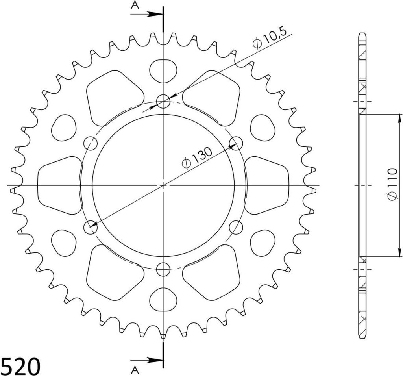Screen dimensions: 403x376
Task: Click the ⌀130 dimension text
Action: pos(197,158)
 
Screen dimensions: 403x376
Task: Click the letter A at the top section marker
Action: pos(135,5)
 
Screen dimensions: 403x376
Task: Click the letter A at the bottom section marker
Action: pos(135,370)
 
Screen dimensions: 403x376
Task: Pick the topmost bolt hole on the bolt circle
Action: pos(163,102)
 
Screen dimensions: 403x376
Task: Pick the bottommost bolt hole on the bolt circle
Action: pos(163,269)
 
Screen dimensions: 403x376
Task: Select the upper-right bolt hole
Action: pos(236,143)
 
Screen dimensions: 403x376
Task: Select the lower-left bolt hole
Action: pos(91,227)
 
